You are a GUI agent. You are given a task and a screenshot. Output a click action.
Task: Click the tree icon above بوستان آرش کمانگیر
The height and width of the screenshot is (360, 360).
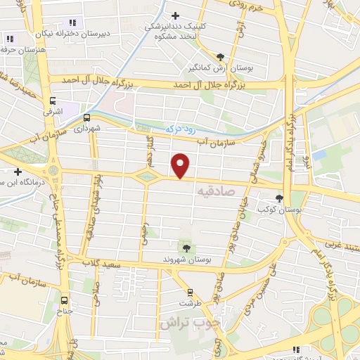[x=221, y=57]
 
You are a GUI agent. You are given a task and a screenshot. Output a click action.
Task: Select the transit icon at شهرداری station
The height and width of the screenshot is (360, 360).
[x=87, y=117]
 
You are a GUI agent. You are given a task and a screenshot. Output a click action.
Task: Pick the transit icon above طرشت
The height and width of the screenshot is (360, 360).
[x=189, y=292]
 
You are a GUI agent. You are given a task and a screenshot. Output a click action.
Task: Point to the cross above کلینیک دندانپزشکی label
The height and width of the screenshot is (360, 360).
[x=176, y=15]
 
